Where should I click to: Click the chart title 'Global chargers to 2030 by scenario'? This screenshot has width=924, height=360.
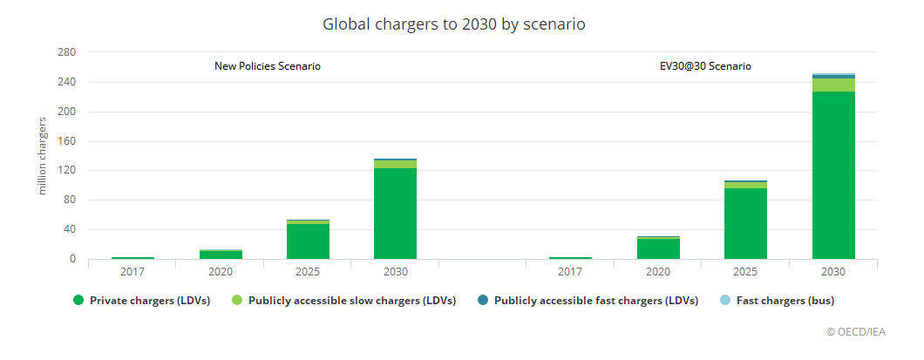[453, 24]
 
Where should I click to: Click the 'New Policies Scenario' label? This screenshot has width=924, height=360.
[268, 66]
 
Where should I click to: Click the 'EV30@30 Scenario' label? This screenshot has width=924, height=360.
[705, 66]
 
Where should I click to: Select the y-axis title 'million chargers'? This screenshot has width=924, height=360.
[41, 155]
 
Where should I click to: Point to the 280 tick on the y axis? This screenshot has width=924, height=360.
[66, 53]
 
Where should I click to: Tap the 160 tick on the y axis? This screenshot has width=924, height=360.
[66, 141]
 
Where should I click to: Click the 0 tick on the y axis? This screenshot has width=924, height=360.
[71, 259]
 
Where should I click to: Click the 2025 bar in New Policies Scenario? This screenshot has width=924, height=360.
[308, 241]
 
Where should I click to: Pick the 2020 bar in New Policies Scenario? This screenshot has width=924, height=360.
[221, 255]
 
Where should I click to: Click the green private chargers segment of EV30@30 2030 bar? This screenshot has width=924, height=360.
[832, 174]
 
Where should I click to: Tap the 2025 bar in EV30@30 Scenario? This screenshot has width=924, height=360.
[745, 222]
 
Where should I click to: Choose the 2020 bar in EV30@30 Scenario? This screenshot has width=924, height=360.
[658, 248]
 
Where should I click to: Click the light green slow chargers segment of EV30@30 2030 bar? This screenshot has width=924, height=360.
[832, 85]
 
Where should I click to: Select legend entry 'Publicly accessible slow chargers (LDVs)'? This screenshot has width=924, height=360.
[346, 302]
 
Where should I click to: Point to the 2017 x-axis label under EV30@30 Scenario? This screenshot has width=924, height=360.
[570, 272]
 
